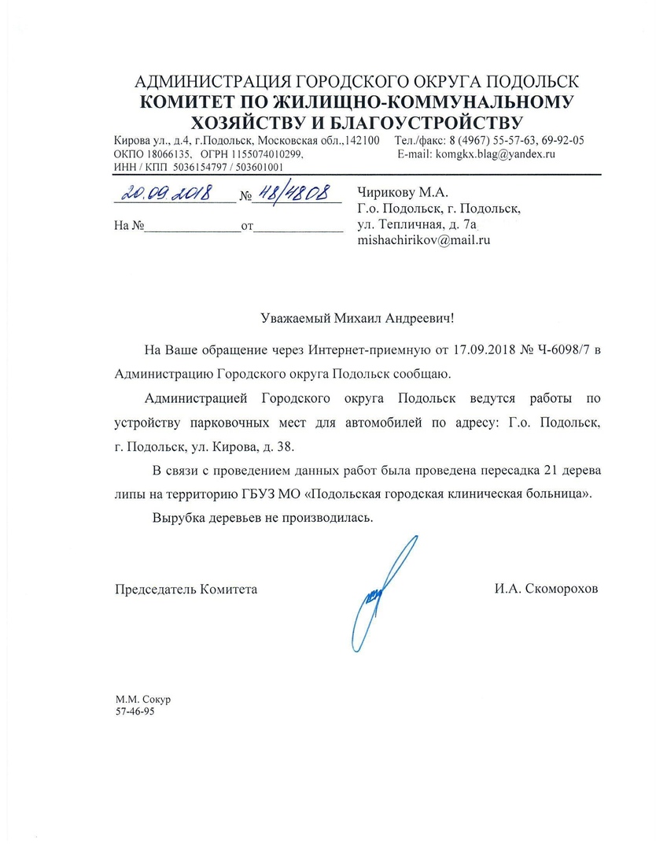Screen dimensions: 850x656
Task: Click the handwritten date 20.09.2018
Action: click(x=166, y=193)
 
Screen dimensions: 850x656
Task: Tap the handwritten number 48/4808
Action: click(x=295, y=194)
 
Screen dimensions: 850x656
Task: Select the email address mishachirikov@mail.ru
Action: click(x=424, y=241)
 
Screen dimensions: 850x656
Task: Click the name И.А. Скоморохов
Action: click(x=546, y=588)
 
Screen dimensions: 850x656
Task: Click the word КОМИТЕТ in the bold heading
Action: click(x=190, y=102)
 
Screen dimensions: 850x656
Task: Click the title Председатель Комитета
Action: click(x=186, y=588)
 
